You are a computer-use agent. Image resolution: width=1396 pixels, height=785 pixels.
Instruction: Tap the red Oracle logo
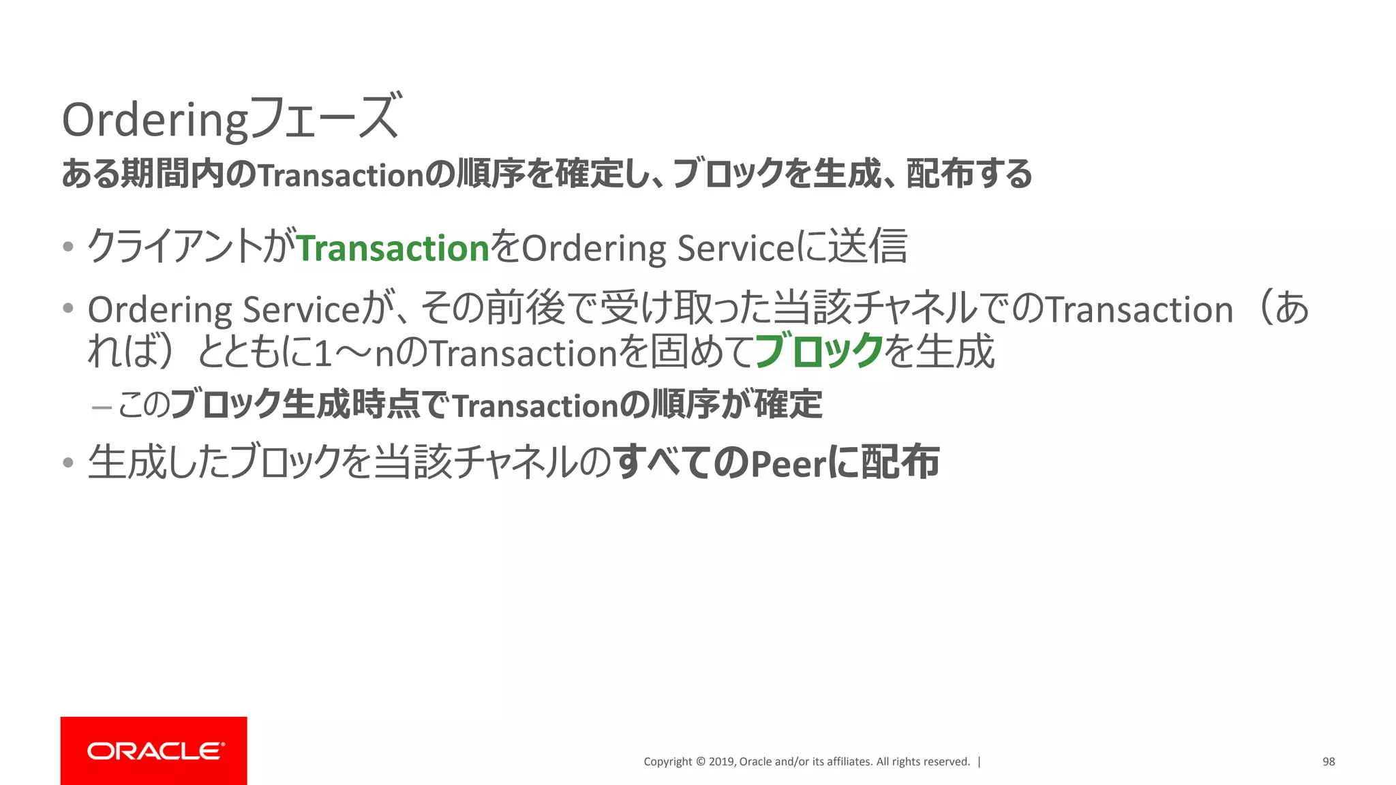tap(154, 750)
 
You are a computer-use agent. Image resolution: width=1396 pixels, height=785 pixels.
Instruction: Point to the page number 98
tap(1329, 762)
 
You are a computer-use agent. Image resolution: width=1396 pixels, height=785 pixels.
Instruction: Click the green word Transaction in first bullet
tap(393, 248)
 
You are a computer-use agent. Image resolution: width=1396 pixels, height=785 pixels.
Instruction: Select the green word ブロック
tap(819, 352)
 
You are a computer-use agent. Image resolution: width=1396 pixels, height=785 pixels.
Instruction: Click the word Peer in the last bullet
tap(788, 464)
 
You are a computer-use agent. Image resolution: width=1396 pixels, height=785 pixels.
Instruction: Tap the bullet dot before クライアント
tap(67, 247)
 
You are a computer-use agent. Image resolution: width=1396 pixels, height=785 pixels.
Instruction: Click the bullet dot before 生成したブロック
tap(67, 463)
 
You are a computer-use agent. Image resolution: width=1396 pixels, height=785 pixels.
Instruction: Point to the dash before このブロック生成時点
tap(102, 407)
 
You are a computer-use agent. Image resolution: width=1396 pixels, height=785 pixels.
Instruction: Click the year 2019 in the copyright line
tap(721, 762)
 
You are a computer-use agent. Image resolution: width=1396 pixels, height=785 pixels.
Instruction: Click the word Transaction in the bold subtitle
tap(342, 176)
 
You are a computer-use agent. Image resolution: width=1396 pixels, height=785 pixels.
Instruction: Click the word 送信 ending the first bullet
tap(868, 247)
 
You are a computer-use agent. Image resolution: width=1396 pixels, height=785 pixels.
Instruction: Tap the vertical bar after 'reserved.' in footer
tap(980, 762)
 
